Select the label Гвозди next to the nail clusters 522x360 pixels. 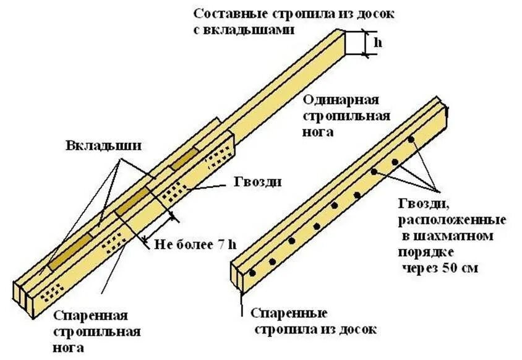point(259,182)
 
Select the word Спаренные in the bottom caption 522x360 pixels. point(288,313)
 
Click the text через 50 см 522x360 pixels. point(443,268)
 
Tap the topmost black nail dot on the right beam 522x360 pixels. point(411,139)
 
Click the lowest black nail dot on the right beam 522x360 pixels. point(252,273)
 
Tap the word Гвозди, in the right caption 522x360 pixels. point(425,204)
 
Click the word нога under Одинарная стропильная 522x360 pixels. point(319,132)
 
